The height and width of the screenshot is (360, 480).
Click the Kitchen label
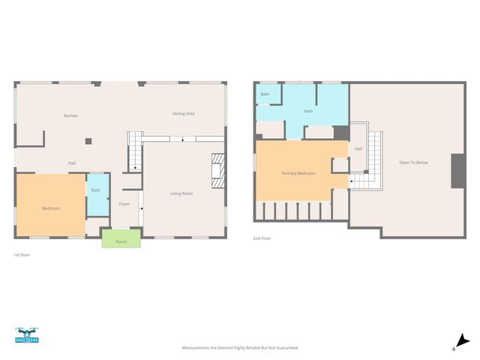point(71,115)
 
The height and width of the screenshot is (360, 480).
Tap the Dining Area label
point(184,113)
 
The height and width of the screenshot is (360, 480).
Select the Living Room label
point(181,193)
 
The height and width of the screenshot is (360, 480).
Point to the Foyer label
point(124,203)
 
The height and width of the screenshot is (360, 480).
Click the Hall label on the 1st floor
point(72,163)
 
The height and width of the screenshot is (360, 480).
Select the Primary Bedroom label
point(298,173)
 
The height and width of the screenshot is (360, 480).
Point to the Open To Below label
point(413,162)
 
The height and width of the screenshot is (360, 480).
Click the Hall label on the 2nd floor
point(358,148)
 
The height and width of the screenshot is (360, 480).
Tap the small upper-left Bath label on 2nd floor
point(265,94)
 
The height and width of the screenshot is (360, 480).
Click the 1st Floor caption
point(22,255)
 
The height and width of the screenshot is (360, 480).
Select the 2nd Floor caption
point(262,238)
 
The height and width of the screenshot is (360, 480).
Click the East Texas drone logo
point(27,335)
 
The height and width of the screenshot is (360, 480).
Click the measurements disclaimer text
point(240,348)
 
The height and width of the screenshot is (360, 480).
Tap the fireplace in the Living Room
point(217,171)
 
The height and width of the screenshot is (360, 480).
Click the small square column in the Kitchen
point(88,140)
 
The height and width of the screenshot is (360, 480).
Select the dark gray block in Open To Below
point(456,171)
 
